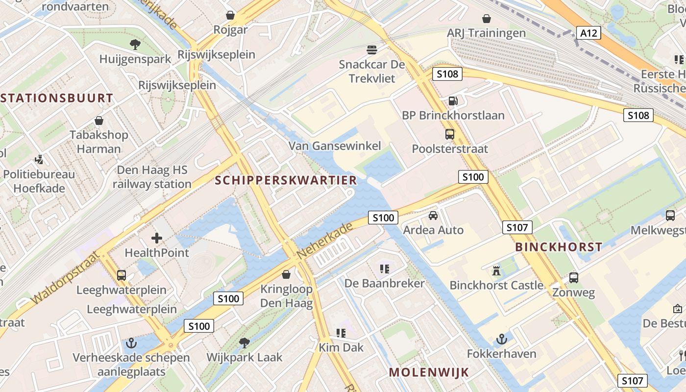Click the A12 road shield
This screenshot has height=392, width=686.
tap(588, 33)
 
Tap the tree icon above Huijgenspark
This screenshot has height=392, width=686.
tap(135, 45)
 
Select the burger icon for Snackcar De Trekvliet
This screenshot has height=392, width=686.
tap(372, 49)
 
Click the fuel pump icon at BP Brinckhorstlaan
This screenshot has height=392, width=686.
tap(453, 101)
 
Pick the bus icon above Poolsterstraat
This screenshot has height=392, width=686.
tap(449, 134)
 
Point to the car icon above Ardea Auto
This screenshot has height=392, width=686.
tap(433, 215)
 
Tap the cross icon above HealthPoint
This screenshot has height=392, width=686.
tap(157, 238)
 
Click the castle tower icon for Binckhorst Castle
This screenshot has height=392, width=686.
tap(496, 270)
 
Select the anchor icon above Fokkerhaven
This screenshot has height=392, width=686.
tap(501, 339)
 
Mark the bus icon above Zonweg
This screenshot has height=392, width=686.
tap(573, 278)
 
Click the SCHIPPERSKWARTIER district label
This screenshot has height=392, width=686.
tap(286, 180)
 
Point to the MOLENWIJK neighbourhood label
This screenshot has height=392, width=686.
tap(429, 372)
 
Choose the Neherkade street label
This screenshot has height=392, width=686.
tap(324, 242)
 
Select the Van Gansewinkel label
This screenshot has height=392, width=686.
tap(335, 146)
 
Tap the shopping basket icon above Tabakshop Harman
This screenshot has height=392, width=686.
tap(99, 121)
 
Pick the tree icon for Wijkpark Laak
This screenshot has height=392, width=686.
tap(244, 343)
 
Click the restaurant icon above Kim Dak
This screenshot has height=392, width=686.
tap(341, 333)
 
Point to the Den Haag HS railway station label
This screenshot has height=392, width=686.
tap(152, 177)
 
